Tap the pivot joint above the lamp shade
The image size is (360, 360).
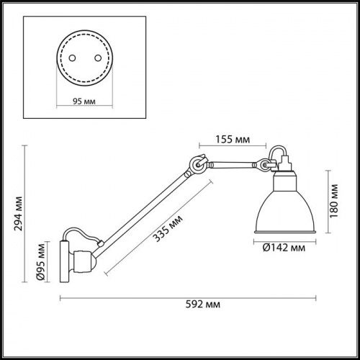266,166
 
